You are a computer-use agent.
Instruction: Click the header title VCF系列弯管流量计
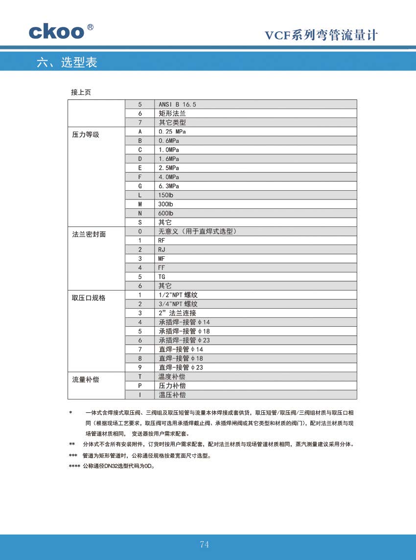(x=321, y=35)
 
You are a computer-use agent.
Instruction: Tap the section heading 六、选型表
(x=67, y=63)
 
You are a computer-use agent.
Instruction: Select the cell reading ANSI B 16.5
(x=177, y=104)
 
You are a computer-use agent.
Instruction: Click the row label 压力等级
(x=86, y=134)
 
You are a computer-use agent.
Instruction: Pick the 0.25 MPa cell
(x=172, y=132)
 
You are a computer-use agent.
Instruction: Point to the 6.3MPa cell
(x=169, y=186)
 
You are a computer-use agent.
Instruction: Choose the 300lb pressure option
(x=166, y=204)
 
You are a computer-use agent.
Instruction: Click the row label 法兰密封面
(x=89, y=234)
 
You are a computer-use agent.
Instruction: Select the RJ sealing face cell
(x=162, y=249)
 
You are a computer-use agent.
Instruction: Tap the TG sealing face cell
(x=162, y=277)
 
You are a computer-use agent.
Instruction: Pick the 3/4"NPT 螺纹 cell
(x=178, y=304)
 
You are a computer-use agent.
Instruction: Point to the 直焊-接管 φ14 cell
(x=181, y=349)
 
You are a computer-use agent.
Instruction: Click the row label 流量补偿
(x=86, y=380)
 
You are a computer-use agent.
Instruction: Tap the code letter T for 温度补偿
(x=140, y=377)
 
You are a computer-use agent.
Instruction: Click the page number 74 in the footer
(x=205, y=545)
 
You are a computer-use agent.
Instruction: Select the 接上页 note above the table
(x=81, y=92)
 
